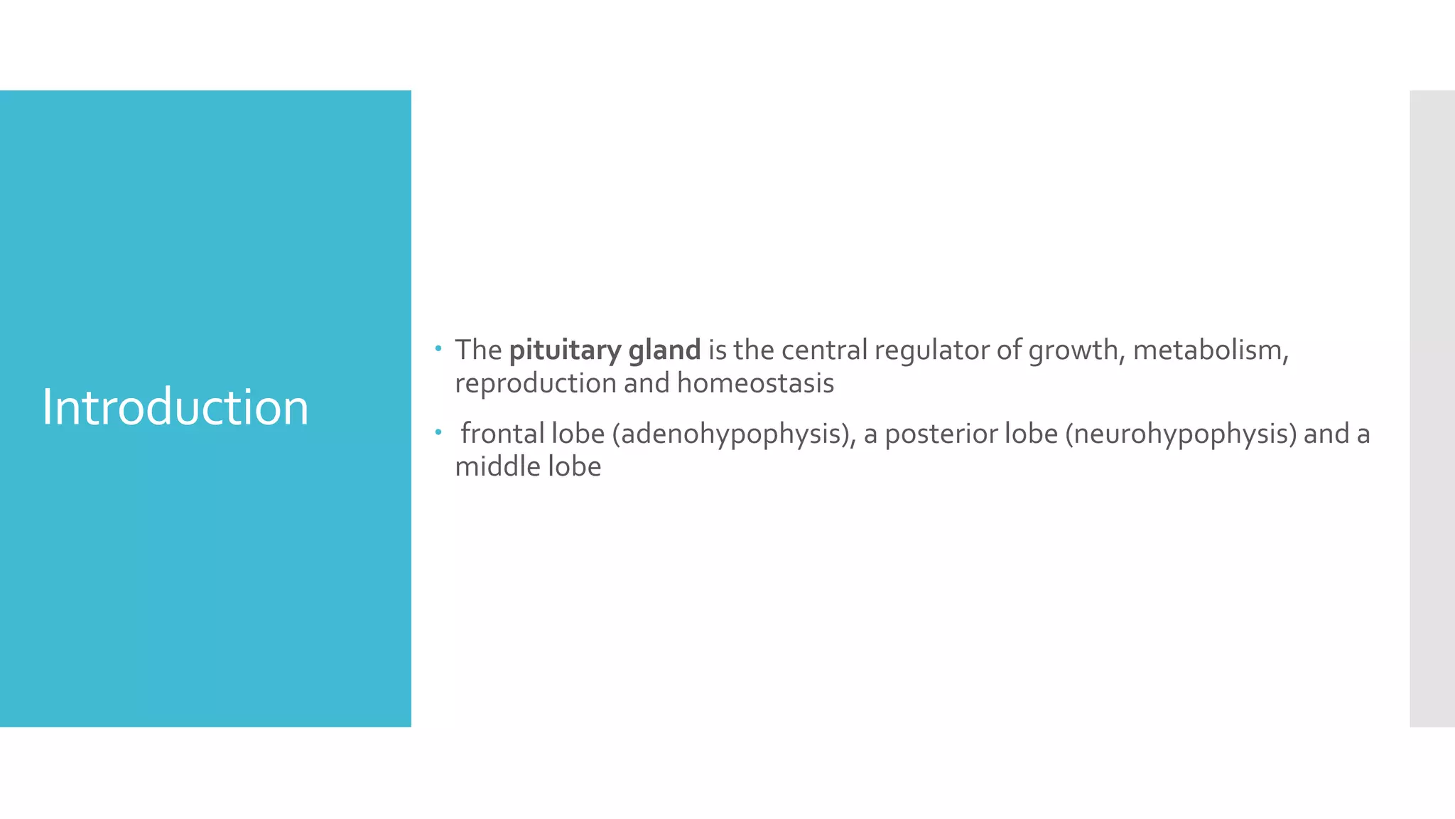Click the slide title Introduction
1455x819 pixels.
point(175,407)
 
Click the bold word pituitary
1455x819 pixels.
point(565,350)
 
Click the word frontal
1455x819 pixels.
point(502,434)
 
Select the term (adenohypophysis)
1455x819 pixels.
point(734,434)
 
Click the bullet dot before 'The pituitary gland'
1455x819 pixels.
point(439,348)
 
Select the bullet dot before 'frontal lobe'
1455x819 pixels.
point(439,432)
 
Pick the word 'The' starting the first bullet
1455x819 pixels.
point(478,350)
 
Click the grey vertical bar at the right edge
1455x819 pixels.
point(1432,408)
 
